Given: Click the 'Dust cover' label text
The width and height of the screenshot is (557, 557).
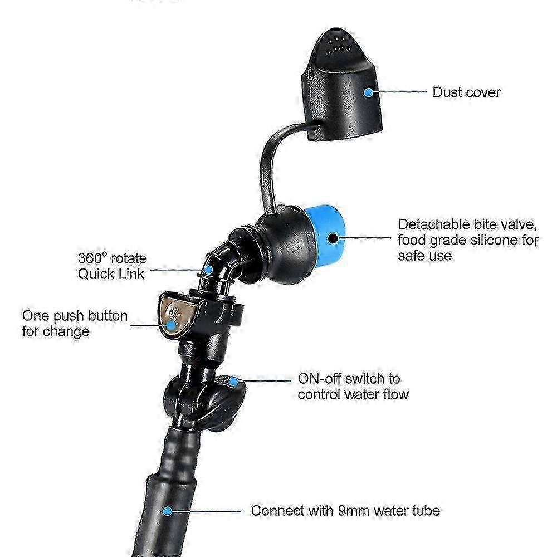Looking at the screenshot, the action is pos(466,92).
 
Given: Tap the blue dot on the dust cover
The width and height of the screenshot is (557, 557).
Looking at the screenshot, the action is pos(369,92).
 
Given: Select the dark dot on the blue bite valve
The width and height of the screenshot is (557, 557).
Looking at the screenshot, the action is pos(333,238).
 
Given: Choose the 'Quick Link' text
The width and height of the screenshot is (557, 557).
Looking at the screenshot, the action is pos(111,274).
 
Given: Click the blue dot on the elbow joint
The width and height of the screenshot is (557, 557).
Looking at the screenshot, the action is pos(209,270).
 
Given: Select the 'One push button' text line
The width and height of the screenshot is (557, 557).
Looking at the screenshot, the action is pos(75,316).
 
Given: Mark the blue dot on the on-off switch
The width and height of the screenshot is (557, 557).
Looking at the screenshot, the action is pos(233,382).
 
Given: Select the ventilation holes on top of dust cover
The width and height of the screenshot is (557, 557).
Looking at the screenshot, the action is pos(339,45).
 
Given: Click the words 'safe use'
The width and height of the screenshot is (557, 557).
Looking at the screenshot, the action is pos(424,256).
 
